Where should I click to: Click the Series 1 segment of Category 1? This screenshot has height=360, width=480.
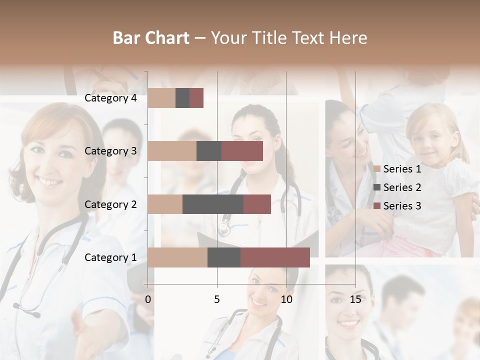click(x=177, y=257)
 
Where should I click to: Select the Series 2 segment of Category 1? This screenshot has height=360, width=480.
click(x=224, y=257)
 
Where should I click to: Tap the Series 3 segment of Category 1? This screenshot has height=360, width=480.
click(x=275, y=257)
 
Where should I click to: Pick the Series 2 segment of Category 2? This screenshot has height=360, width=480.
click(x=213, y=204)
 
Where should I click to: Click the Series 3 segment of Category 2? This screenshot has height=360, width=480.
click(x=257, y=204)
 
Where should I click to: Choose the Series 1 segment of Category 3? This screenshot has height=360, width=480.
click(x=172, y=151)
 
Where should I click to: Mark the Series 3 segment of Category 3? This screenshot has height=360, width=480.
click(x=242, y=151)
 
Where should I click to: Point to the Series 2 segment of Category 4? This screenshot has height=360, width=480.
click(x=182, y=98)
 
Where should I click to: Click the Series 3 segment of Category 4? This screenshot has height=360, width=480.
click(x=196, y=98)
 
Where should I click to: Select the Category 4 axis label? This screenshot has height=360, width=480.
click(x=110, y=98)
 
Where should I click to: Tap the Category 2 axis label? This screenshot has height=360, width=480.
click(x=110, y=204)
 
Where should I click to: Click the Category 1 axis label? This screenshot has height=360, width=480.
click(x=110, y=257)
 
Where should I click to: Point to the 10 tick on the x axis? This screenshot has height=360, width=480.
click(x=286, y=300)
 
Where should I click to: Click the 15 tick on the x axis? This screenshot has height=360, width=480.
click(x=355, y=300)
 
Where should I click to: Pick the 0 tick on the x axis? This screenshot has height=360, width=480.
click(x=148, y=300)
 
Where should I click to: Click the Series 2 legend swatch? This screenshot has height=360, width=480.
click(x=376, y=187)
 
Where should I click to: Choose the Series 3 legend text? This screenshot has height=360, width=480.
click(x=402, y=206)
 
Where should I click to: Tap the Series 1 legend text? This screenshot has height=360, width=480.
click(x=402, y=169)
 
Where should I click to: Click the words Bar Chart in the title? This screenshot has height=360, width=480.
click(x=151, y=38)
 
